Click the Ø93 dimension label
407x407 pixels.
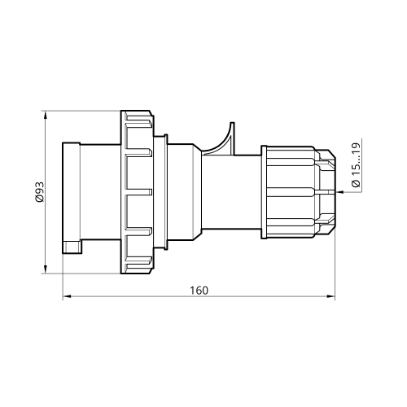[39, 192]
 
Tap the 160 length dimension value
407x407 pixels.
[199, 291]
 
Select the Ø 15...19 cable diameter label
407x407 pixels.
[356, 164]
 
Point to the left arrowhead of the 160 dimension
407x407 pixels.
[67, 296]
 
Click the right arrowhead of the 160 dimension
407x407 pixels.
[330, 296]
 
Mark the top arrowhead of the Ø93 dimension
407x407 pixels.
[46, 115]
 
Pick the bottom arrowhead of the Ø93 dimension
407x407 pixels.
[46, 269]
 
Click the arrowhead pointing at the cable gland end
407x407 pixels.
[340, 192]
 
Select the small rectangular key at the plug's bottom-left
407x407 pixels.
[72, 247]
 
